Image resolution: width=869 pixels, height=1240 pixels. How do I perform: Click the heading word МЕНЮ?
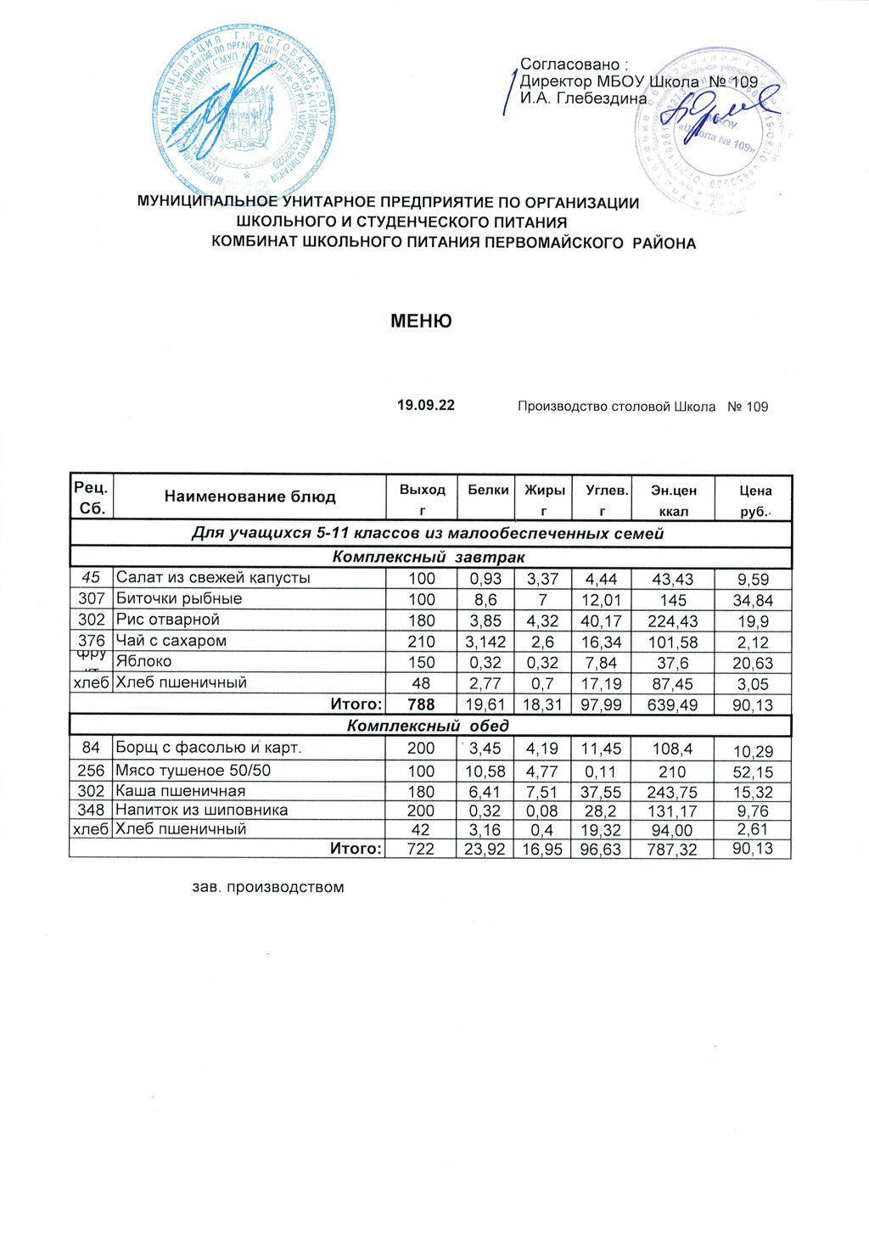[x=421, y=322]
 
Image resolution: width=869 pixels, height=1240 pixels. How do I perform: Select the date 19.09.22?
[x=426, y=406]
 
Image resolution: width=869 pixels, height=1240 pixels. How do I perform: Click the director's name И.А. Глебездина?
[x=583, y=98]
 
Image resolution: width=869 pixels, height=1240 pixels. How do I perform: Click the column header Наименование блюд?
[x=249, y=497]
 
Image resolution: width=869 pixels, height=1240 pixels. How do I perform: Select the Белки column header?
[x=487, y=490]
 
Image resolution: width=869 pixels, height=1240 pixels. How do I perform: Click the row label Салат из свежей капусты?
[x=213, y=578]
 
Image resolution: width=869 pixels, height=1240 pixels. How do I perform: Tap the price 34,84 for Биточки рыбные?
[x=754, y=600]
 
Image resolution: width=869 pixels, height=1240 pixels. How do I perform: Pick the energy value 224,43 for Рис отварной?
[x=671, y=620]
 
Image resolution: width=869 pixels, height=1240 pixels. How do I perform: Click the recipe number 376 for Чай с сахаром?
[x=91, y=641]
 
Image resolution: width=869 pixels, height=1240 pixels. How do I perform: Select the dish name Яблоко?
[x=143, y=661]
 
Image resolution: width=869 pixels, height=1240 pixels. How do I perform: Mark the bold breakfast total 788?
[x=421, y=704]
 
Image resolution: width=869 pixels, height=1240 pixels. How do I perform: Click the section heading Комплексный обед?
[x=429, y=726]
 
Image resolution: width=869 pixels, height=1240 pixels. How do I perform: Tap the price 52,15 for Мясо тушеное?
[x=754, y=771]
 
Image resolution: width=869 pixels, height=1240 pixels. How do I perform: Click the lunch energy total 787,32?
[x=671, y=850]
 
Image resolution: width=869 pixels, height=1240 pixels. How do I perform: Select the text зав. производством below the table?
[x=268, y=888]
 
